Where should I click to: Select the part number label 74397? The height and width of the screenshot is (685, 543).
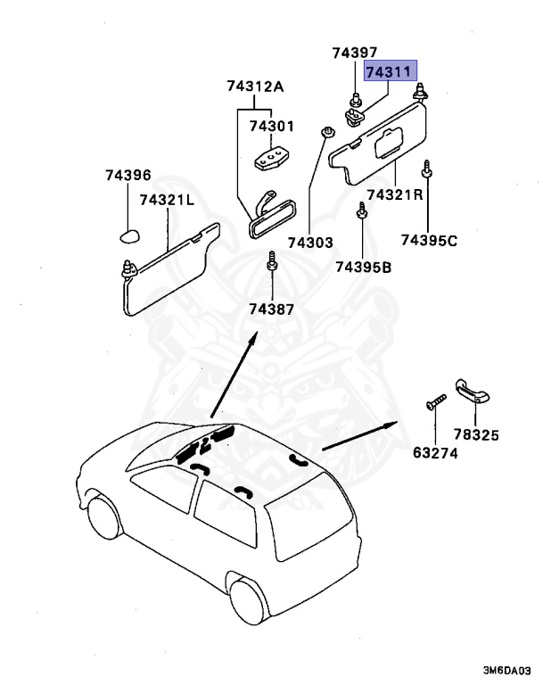click(x=355, y=54)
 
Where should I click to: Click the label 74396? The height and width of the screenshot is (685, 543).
click(x=128, y=176)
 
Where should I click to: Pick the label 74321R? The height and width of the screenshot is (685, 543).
click(x=393, y=194)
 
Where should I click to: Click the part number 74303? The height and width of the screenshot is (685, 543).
click(x=309, y=242)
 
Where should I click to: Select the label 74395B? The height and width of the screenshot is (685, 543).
click(x=364, y=266)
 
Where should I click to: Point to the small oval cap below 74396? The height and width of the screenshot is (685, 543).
click(x=128, y=235)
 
